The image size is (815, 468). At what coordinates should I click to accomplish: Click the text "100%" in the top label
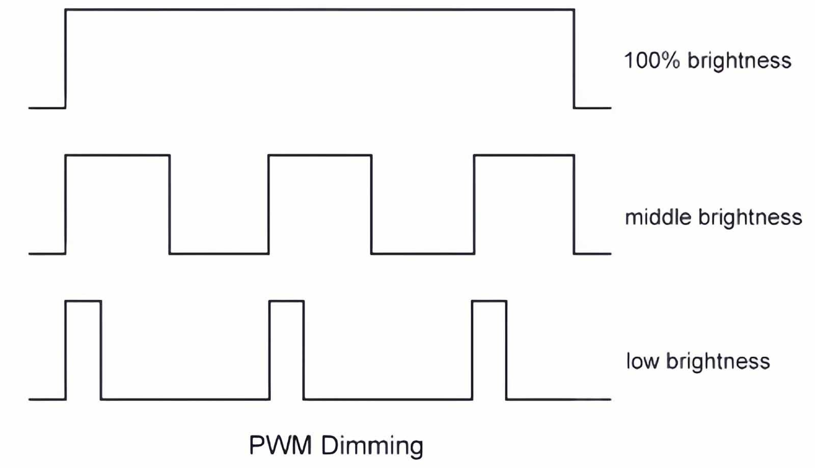pyautogui.click(x=651, y=60)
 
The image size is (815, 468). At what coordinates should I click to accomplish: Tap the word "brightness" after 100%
pyautogui.click(x=739, y=61)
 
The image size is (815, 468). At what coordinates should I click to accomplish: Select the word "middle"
pyautogui.click(x=658, y=217)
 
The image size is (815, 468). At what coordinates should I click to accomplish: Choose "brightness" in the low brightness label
pyautogui.click(x=718, y=361)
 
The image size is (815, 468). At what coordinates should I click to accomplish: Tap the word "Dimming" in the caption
pyautogui.click(x=372, y=446)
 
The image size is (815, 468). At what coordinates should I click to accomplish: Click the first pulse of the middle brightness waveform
pyautogui.click(x=118, y=204)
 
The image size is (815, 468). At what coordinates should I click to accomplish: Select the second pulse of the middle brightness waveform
pyautogui.click(x=320, y=204)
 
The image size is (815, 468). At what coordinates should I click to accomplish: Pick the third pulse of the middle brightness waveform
pyautogui.click(x=524, y=204)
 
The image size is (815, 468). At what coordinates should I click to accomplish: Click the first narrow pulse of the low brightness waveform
pyautogui.click(x=84, y=350)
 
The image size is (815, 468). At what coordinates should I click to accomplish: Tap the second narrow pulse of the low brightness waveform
pyautogui.click(x=287, y=350)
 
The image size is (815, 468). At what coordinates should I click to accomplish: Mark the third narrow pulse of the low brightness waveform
pyautogui.click(x=490, y=350)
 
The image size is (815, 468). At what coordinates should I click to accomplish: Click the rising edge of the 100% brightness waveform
pyautogui.click(x=66, y=59)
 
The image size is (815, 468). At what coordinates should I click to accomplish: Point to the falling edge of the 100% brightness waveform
pyautogui.click(x=574, y=59)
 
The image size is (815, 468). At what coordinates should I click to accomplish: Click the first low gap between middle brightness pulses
pyautogui.click(x=219, y=253)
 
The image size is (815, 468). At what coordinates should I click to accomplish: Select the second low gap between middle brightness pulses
pyautogui.click(x=423, y=253)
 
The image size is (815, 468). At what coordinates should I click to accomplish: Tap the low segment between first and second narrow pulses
pyautogui.click(x=185, y=399)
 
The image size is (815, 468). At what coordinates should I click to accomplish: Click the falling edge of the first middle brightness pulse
pyautogui.click(x=170, y=204)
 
